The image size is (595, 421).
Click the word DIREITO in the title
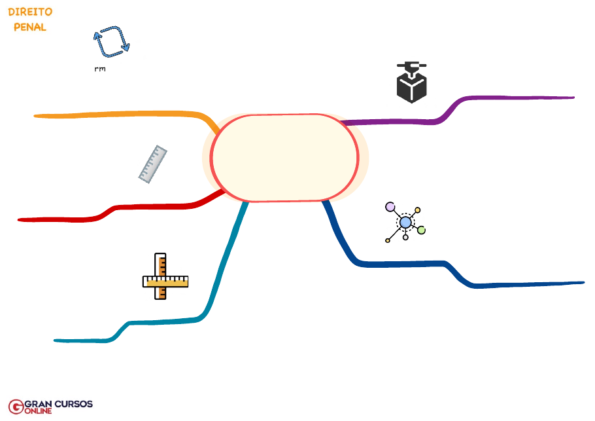pyautogui.click(x=30, y=12)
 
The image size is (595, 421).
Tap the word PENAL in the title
pyautogui.click(x=30, y=27)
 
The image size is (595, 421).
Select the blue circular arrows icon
pyautogui.click(x=111, y=41)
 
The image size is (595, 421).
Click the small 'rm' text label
pyautogui.click(x=100, y=69)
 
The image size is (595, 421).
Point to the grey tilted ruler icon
pyautogui.click(x=153, y=164)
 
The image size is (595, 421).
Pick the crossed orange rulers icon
pyautogui.click(x=165, y=277)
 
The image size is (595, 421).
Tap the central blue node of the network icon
pyautogui.click(x=405, y=222)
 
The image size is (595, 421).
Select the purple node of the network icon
pyautogui.click(x=390, y=207)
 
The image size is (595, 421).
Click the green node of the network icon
pyautogui.click(x=421, y=230)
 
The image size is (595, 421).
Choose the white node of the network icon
pyautogui.click(x=405, y=237)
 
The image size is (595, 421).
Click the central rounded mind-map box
pyautogui.click(x=284, y=158)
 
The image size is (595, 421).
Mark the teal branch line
pyautogui.click(x=216, y=288)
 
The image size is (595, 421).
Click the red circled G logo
pyautogui.click(x=16, y=407)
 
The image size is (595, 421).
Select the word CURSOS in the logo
pyautogui.click(x=73, y=404)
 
